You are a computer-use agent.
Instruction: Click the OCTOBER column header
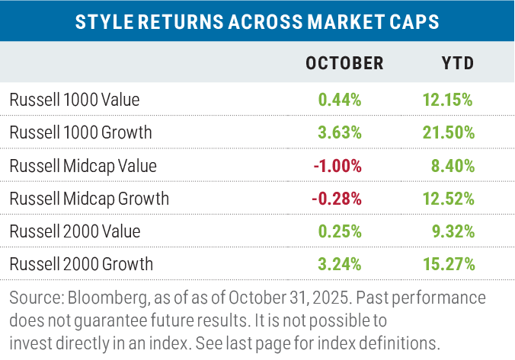344,63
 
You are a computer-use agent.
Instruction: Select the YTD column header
458,63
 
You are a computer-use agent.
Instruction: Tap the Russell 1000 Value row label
75,99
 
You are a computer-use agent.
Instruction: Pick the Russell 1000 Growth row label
81,132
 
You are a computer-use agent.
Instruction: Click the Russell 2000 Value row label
75,231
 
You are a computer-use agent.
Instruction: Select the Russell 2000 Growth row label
82,265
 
